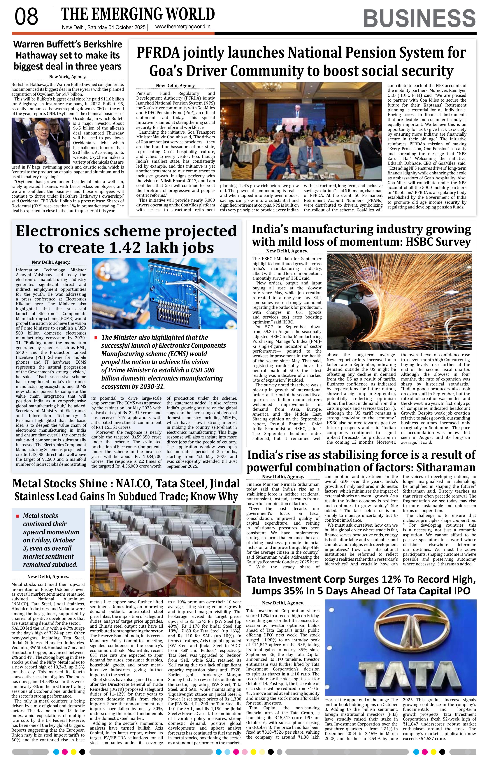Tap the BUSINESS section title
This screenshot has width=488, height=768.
click(419, 18)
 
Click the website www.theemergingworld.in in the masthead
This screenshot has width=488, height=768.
click(182, 27)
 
